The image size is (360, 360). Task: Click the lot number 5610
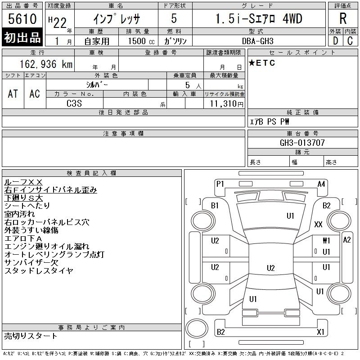22,18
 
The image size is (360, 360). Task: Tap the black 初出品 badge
22,37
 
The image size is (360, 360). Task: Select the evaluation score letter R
343,18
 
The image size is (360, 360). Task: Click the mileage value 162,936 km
46,64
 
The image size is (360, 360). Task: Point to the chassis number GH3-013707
302,143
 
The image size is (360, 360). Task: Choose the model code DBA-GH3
257,41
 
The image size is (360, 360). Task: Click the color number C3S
74,103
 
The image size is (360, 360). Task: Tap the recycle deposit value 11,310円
226,104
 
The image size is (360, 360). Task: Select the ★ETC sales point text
262,63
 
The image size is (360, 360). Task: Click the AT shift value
13,94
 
